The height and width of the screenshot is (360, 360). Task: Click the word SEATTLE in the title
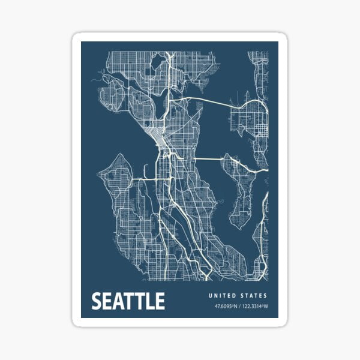click(x=128, y=301)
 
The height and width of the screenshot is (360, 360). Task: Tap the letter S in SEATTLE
click(x=96, y=301)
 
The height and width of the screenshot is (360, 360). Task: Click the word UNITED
click(x=221, y=296)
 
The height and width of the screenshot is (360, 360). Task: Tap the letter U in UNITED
click(x=211, y=296)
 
